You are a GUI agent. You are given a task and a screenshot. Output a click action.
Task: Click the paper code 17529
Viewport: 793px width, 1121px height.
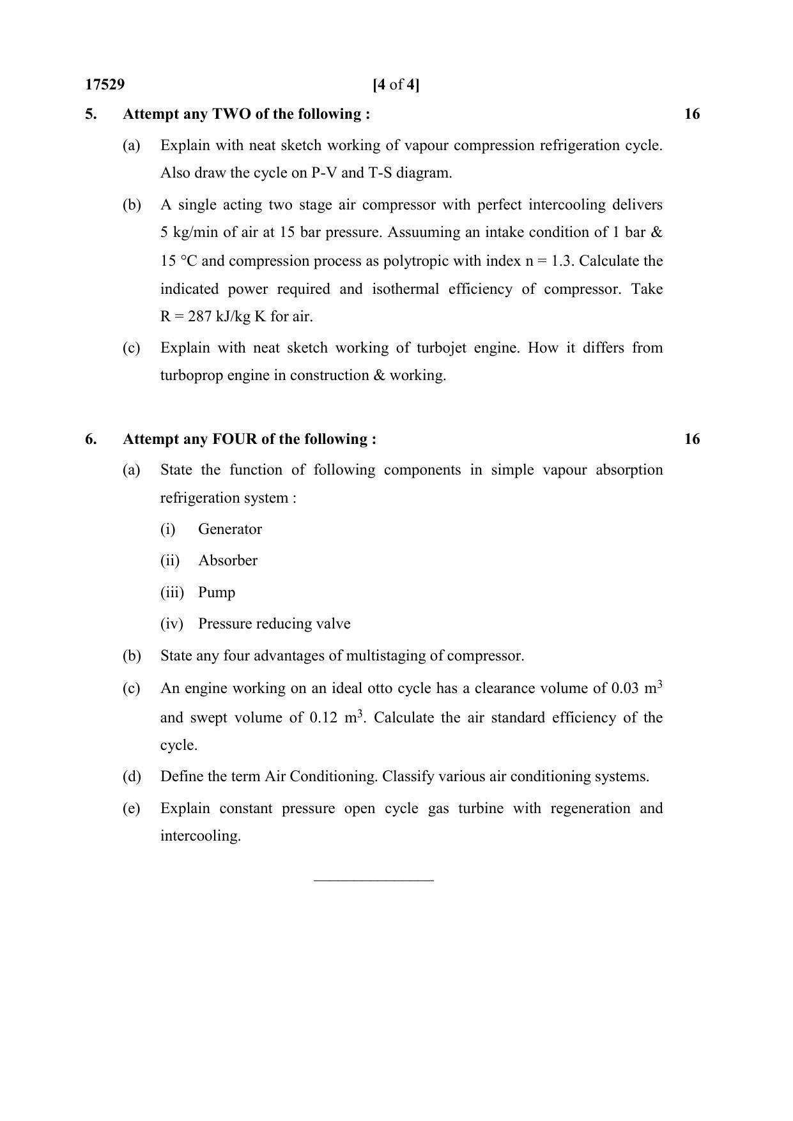pos(105,85)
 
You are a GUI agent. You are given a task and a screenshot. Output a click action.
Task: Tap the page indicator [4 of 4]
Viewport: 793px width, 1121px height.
pos(396,85)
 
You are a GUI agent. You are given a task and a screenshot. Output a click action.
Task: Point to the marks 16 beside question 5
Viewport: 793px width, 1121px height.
pos(692,114)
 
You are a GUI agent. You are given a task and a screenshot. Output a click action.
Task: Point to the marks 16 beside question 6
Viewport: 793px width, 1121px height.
pos(692,439)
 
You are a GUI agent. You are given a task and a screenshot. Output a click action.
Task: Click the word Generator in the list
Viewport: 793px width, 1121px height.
pos(229,530)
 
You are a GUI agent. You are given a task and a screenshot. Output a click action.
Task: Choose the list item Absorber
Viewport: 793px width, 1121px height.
pos(227,561)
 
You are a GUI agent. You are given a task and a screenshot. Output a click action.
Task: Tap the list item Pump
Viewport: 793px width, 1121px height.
pos(216,593)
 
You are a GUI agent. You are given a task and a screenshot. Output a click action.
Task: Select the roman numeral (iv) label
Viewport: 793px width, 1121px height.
pos(171,624)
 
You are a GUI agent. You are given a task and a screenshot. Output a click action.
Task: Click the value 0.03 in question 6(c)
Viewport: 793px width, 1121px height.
pos(626,689)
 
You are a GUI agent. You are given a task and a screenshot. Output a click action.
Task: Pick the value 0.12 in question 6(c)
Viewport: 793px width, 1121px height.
pos(323,718)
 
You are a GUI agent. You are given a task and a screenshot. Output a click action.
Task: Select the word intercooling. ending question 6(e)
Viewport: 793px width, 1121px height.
pos(200,836)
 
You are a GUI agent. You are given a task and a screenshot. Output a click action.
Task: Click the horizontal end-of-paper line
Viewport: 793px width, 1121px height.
pos(374,881)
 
